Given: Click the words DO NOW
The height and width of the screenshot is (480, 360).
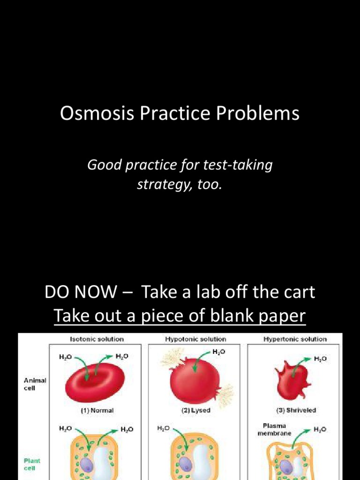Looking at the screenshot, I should (80, 293).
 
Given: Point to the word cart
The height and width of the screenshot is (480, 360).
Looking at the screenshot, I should (297, 293).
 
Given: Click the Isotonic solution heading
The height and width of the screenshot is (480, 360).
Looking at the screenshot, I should (97, 339).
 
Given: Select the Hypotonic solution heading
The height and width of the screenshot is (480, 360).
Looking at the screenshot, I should (195, 339).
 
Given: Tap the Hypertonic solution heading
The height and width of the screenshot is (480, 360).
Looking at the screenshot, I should (295, 339).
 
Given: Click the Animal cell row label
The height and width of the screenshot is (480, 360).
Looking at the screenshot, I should (35, 384).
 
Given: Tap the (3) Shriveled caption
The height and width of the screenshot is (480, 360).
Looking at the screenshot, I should (295, 410).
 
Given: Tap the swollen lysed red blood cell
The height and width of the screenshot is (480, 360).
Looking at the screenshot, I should (194, 382).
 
